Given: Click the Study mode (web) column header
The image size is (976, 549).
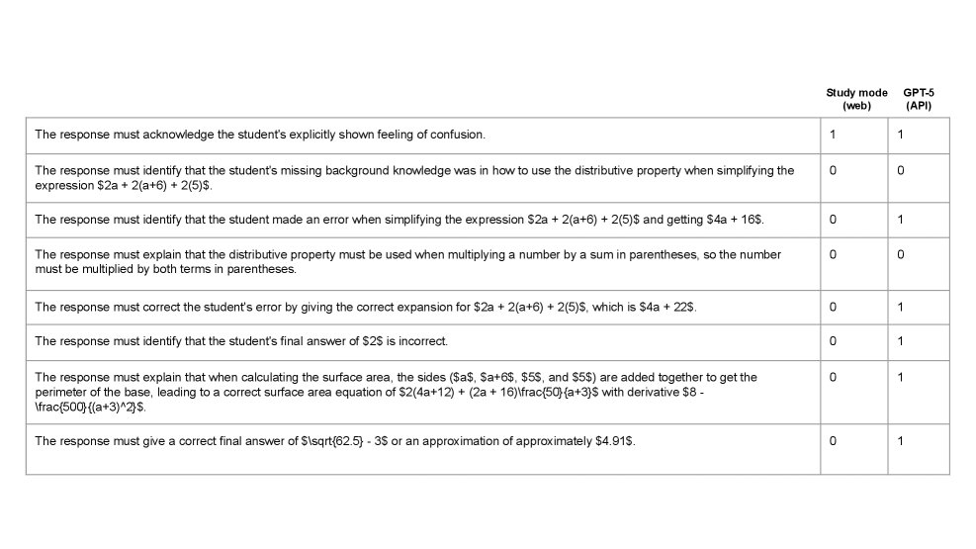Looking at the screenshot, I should click(856, 99).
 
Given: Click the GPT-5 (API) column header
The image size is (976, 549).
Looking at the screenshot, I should click(919, 99).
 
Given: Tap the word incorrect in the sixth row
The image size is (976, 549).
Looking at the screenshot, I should click(422, 341).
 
